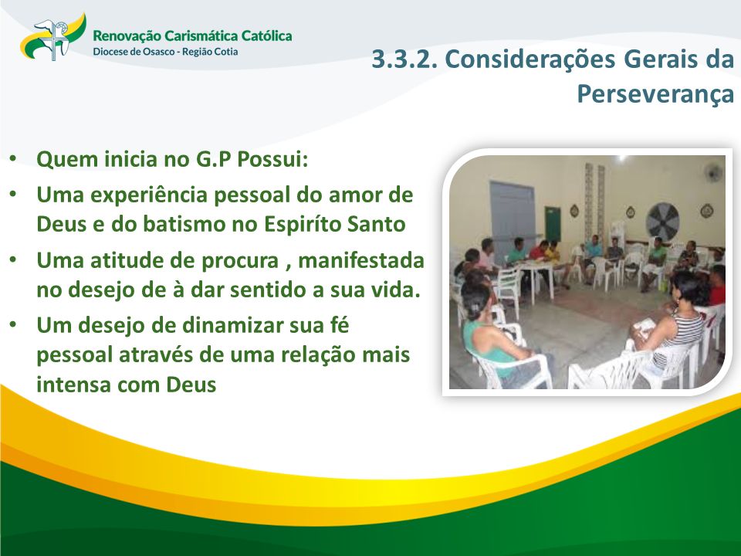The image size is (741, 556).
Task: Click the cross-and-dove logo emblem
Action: pos(53,37)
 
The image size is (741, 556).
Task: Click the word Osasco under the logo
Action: pos(159,52)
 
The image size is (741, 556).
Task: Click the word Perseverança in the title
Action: pos(655,93)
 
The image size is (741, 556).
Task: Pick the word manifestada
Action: pos(361,260)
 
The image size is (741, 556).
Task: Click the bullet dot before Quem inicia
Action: pos(13,159)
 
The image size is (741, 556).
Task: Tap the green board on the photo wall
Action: pos(553,224)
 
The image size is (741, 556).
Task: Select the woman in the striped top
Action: pos(675,321)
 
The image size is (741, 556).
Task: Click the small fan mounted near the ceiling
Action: pos(713,173)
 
